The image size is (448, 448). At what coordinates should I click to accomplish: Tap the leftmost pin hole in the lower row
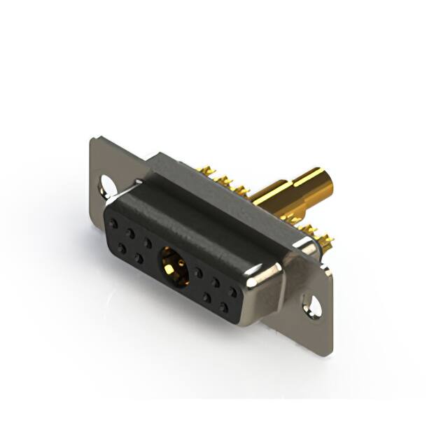122,248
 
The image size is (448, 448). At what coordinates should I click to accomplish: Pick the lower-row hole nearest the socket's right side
207,297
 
